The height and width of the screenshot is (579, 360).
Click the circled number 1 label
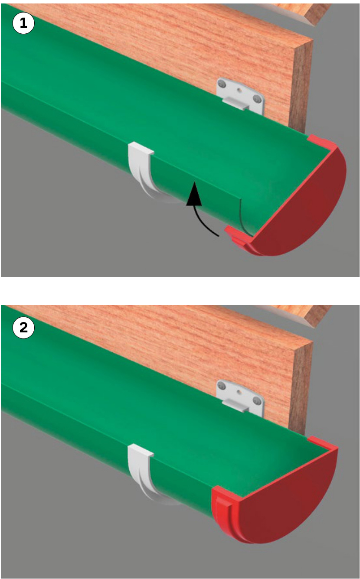pyautogui.click(x=23, y=23)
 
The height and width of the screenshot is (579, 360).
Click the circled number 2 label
pyautogui.click(x=23, y=328)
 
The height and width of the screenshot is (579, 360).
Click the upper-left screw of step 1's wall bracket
pyautogui.click(x=221, y=84)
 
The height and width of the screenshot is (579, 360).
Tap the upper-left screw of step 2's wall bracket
pyautogui.click(x=221, y=386)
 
